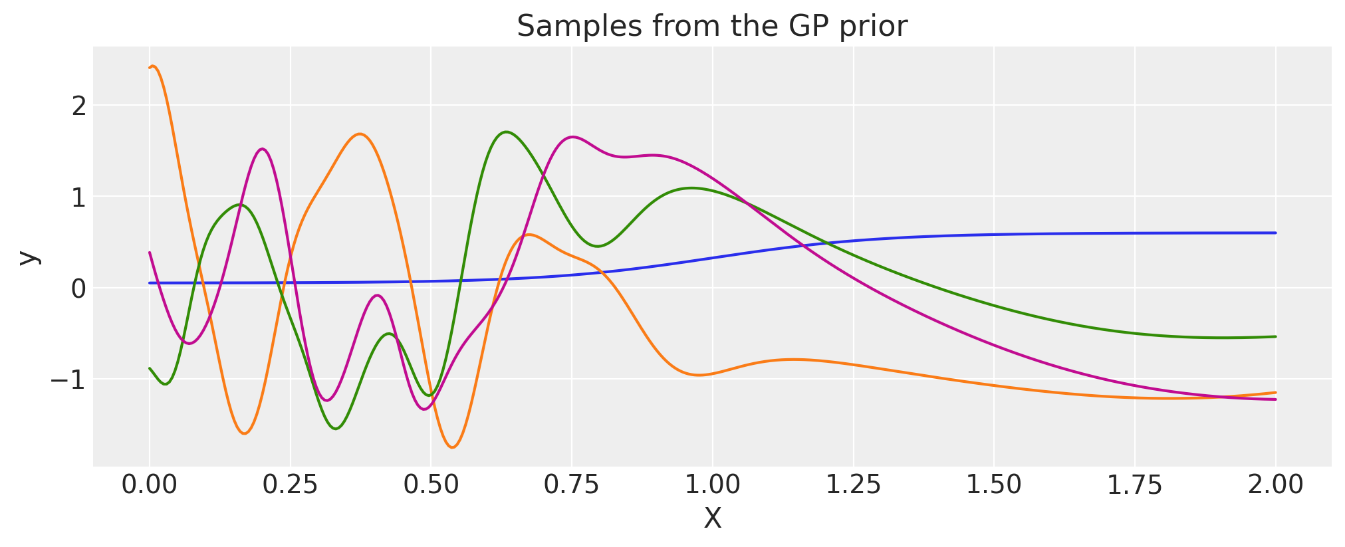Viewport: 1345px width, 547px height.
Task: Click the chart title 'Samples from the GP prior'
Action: tap(711, 27)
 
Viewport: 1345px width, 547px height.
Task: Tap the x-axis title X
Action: tap(712, 519)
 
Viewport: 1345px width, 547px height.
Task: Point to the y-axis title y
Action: tap(28, 257)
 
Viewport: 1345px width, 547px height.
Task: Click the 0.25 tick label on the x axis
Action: tap(290, 485)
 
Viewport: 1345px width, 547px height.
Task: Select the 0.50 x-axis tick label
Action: tap(431, 485)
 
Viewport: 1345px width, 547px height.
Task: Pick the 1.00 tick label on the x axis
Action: tap(712, 485)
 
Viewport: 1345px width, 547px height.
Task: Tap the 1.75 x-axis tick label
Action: tap(1134, 485)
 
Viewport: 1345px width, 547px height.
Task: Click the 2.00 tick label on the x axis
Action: tap(1275, 485)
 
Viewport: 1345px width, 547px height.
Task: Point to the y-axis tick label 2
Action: tap(79, 106)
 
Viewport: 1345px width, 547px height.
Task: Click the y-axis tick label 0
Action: tap(79, 288)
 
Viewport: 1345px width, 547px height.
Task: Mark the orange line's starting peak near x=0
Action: tap(154, 66)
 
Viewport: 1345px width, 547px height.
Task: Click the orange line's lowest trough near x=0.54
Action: tap(453, 447)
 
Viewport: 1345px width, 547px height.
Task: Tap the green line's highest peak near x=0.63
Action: tap(506, 132)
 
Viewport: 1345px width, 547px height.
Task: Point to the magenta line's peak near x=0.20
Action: tap(263, 149)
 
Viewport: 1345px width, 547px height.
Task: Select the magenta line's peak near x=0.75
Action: tap(572, 137)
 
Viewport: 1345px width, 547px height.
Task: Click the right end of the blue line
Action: tap(1275, 233)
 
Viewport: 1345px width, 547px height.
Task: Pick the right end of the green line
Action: tap(1275, 336)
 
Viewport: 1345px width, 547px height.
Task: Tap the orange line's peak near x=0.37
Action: tap(360, 134)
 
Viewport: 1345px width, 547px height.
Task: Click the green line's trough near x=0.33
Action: tap(336, 429)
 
